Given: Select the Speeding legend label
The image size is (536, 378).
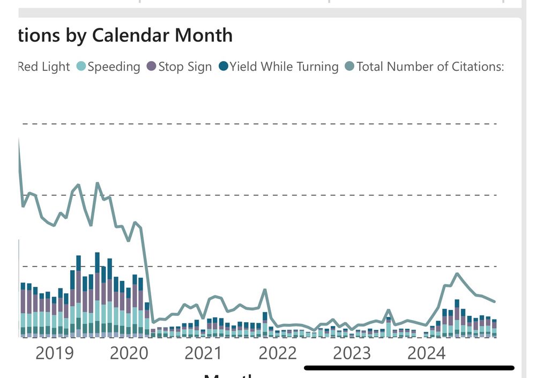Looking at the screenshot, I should [114, 66].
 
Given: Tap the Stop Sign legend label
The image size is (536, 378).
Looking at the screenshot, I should [185, 66].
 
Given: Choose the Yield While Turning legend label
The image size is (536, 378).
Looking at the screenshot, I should [284, 66].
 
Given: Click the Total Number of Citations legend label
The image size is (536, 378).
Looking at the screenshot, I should [430, 66].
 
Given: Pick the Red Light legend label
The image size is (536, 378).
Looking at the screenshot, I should [44, 66].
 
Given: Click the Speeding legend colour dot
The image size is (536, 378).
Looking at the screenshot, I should [81, 66].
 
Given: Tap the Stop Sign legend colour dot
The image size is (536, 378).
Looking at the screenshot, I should [151, 66].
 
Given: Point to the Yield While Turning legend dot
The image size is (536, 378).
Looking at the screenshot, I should [224, 66].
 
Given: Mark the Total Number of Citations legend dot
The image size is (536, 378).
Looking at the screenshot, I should [350, 66].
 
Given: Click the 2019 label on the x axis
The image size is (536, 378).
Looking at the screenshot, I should [55, 353].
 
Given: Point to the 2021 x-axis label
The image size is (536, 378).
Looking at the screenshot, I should [203, 353].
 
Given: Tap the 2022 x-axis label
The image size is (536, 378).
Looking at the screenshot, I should [278, 353].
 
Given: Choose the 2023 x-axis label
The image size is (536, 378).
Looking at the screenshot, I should [352, 353].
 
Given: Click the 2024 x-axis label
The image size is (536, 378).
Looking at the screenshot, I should [426, 353].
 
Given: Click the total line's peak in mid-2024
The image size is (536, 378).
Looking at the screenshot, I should [457, 273].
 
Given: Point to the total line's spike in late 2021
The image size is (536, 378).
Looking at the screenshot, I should [265, 290].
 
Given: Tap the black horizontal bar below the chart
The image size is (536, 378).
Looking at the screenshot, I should [409, 368].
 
